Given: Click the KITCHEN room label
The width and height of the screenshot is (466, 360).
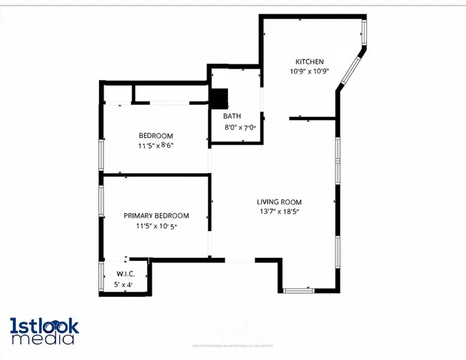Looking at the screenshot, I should coord(309,61).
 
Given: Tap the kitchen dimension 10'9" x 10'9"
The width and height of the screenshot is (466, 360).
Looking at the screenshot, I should coord(309,71).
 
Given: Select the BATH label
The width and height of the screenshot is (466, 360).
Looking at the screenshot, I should coord(231,117).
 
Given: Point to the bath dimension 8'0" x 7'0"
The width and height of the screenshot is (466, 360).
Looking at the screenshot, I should coord(240,128).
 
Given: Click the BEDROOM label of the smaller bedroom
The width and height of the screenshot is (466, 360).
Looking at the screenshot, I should coord(155,135).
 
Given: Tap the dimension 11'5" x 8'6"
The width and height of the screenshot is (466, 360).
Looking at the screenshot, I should coord(155,145).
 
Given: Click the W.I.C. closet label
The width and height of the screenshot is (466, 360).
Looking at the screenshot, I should coord(125,274).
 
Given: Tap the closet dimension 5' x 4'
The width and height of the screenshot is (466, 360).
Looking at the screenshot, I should coord(123,285).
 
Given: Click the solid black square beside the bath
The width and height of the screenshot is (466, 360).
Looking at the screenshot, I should coord(218,99).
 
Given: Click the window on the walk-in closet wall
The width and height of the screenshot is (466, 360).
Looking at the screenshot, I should coord(101,277).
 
